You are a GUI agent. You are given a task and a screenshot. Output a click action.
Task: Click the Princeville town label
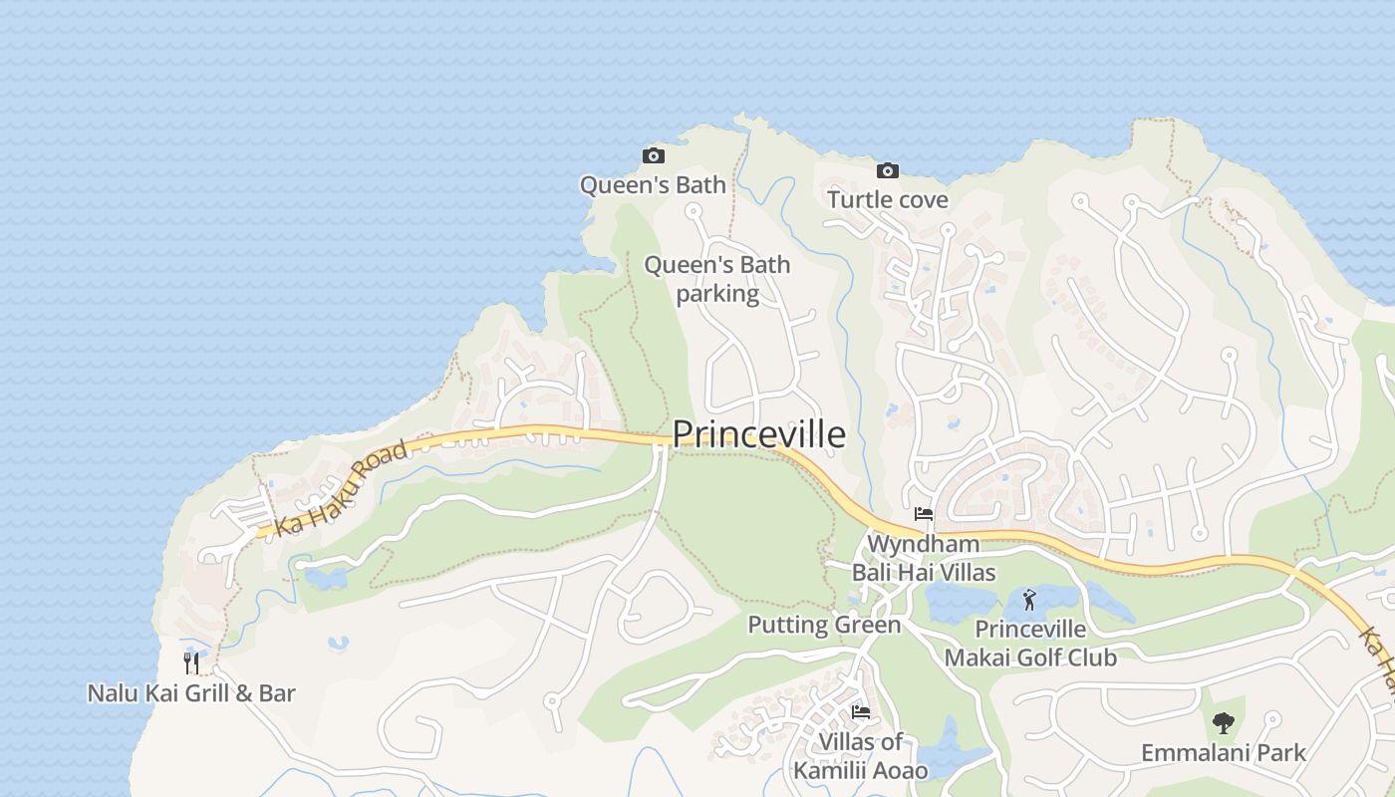coord(758,434)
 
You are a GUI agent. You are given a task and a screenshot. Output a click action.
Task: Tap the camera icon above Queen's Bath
coord(654,155)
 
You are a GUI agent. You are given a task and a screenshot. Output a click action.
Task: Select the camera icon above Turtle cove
coord(888,170)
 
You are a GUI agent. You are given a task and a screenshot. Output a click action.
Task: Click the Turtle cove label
coord(888,199)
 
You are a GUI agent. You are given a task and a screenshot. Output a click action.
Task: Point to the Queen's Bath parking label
coord(717,279)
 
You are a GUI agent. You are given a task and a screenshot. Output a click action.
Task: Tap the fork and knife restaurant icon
coord(191,663)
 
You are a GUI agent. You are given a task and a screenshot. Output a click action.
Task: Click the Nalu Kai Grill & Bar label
coord(191,692)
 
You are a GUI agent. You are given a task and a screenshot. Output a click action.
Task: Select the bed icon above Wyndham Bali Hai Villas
coord(924,514)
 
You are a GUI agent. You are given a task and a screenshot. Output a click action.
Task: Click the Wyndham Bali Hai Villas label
coord(924,558)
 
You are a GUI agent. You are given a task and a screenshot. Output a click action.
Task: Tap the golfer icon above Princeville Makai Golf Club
coord(1029,600)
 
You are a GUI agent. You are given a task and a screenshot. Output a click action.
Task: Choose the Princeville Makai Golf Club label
coord(1030,644)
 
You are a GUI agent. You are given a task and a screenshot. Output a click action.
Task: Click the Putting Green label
coord(824,625)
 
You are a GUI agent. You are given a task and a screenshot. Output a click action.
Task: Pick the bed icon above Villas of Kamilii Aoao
coord(861,711)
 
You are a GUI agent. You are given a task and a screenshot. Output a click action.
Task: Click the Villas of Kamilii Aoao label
coord(861,755)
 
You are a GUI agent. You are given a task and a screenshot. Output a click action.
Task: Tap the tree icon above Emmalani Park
coord(1223,723)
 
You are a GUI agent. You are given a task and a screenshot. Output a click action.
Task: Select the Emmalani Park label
coord(1223,752)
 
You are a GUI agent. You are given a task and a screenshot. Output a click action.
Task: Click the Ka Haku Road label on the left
coord(341,489)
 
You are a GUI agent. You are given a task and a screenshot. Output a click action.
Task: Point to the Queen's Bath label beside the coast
coord(653,184)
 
